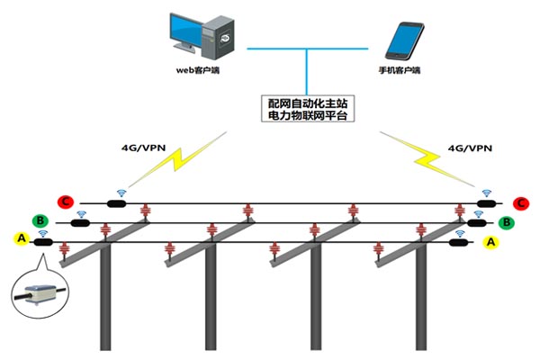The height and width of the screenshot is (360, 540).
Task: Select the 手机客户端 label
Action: point(400,69)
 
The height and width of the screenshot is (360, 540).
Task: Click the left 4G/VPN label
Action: point(140,147)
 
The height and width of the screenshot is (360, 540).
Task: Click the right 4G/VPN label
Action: point(470,147)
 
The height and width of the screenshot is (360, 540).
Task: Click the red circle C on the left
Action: point(65,202)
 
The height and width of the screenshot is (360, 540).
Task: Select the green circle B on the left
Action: point(40,220)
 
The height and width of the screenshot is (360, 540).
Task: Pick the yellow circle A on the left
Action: point(21,238)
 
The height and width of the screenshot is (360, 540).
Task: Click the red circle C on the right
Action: point(520,203)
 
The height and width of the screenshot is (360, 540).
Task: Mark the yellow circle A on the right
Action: point(490,241)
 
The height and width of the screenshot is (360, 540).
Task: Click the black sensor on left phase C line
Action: point(116,202)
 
